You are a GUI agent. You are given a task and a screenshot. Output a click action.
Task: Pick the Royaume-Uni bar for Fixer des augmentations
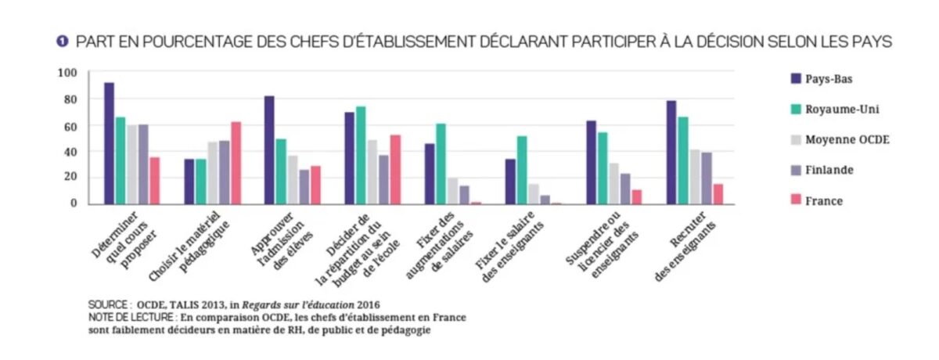pyautogui.click(x=441, y=164)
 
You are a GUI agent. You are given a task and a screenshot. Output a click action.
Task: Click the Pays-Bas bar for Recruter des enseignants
pyautogui.click(x=671, y=153)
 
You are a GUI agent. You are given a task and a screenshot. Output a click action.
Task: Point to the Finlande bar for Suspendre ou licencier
pyautogui.click(x=625, y=189)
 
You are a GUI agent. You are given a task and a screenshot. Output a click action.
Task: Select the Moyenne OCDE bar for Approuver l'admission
pyautogui.click(x=293, y=179)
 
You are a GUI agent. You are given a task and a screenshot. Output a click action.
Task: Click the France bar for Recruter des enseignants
pyautogui.click(x=718, y=193)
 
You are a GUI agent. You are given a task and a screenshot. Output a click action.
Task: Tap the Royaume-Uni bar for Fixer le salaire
pyautogui.click(x=522, y=170)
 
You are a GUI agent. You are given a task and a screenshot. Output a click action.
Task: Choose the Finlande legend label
pyautogui.click(x=829, y=170)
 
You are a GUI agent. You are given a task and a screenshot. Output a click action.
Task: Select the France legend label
pyautogui.click(x=824, y=201)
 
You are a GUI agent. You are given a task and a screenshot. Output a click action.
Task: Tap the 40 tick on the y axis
pyautogui.click(x=70, y=151)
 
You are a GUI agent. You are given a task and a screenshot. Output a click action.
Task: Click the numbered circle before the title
pyautogui.click(x=62, y=41)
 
